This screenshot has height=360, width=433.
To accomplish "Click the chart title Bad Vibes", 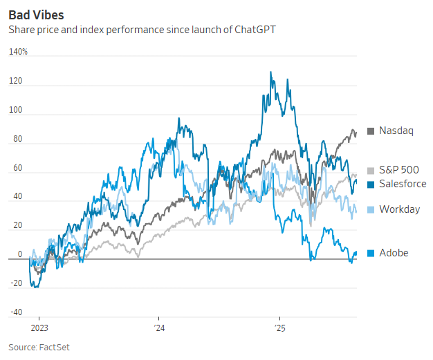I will pos(36,15).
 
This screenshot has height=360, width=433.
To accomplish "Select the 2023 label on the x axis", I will pos(39,328).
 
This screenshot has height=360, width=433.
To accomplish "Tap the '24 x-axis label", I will pos(158,328).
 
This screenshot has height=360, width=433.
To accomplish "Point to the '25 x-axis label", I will pos(279,328).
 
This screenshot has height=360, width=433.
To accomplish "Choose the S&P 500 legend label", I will pos(400,170).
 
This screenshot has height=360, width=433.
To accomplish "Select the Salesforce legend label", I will pos(403,184).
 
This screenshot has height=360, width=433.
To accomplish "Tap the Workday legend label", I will pos(399,209).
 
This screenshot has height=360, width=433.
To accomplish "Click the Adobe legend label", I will pos(394,253).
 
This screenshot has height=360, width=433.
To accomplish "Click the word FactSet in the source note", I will pos(55,347).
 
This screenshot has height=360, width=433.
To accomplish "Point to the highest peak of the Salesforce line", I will pos(270,73).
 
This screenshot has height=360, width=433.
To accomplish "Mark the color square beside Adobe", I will pos(371,253).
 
